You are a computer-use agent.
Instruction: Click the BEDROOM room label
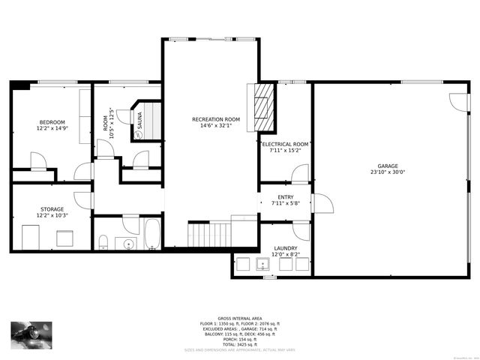coord(52,122)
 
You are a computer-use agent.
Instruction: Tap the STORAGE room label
coord(52,209)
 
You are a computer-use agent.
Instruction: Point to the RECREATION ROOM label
coord(216,119)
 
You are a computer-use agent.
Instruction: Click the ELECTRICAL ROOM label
coord(285,144)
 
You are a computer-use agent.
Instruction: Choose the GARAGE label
coord(387,166)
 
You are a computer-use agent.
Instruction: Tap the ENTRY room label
coord(285,196)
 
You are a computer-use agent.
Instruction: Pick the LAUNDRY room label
coord(285,248)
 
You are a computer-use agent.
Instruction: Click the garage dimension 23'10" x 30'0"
coord(387,172)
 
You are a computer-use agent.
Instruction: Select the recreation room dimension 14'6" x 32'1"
coord(216,125)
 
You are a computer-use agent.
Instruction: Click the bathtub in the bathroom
coord(151,234)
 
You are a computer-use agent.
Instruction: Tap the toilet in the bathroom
coord(104,241)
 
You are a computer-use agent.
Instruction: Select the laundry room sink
coord(263,264)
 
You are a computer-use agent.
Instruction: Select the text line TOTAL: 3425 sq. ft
coord(240,344)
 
